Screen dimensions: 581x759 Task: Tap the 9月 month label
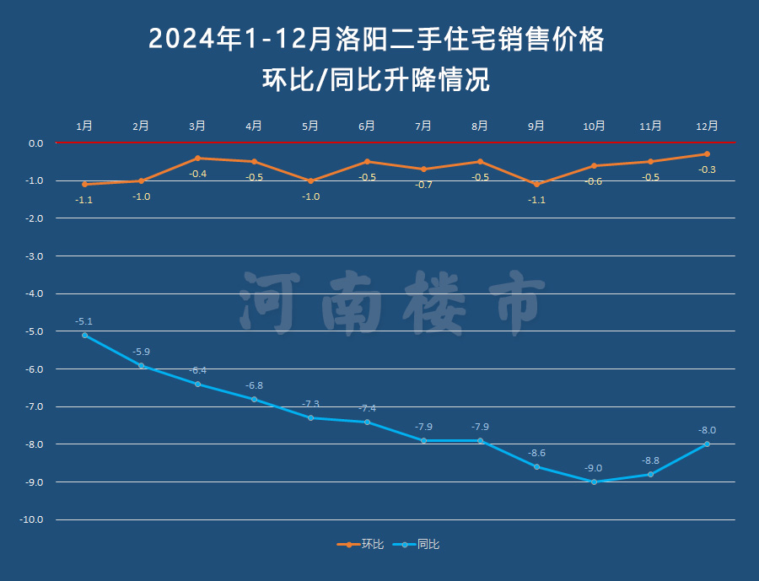click(x=536, y=126)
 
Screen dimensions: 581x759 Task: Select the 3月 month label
click(x=197, y=126)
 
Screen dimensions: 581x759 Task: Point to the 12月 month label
click(x=707, y=126)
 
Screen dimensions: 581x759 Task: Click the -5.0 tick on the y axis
click(x=35, y=331)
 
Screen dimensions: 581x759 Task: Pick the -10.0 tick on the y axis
click(x=32, y=520)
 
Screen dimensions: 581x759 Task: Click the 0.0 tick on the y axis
click(x=35, y=143)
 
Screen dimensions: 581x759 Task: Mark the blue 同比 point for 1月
click(x=84, y=336)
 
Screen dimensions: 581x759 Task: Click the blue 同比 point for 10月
click(x=594, y=481)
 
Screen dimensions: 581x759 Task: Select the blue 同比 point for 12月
click(x=707, y=444)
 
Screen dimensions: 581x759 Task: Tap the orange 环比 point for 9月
click(x=536, y=184)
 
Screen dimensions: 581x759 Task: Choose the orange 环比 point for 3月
click(x=197, y=158)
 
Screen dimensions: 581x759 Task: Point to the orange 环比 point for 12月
click(x=707, y=154)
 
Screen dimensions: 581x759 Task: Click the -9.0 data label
click(x=594, y=468)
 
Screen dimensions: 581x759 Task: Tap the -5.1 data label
click(x=84, y=321)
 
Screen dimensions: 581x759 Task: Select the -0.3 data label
click(x=708, y=169)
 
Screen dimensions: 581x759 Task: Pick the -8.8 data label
click(x=650, y=460)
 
